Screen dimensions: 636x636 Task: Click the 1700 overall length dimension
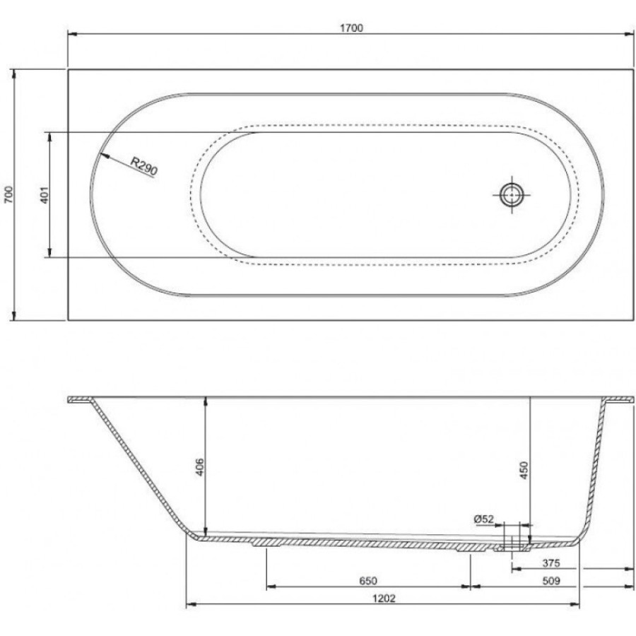[x=352, y=28]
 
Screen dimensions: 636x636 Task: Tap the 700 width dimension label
[x=9, y=195]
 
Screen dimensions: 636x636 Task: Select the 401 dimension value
[x=45, y=195]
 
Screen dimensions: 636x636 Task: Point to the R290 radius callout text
[x=144, y=166]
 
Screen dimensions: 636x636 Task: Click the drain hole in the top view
[x=512, y=195]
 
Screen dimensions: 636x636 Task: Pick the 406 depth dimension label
[x=199, y=467]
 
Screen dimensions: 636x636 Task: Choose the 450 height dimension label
[x=524, y=470]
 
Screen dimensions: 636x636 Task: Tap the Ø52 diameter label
[x=484, y=519]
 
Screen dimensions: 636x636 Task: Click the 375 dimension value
[x=550, y=563]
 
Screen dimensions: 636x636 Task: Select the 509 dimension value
[x=550, y=581]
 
